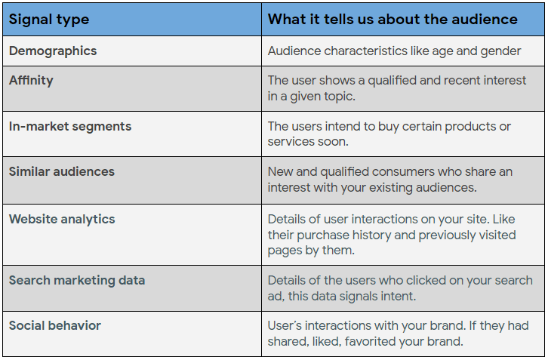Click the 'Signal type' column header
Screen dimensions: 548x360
click(x=49, y=20)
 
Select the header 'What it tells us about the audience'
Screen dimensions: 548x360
click(x=393, y=19)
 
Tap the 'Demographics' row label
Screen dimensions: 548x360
click(x=53, y=51)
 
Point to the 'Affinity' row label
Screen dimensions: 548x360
click(x=31, y=81)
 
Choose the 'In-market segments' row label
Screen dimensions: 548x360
click(x=70, y=126)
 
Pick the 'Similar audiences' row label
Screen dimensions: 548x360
click(x=61, y=171)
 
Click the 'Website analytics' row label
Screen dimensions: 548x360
click(x=62, y=219)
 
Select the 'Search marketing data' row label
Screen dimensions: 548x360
click(x=77, y=280)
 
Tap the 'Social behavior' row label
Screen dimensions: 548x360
click(x=55, y=325)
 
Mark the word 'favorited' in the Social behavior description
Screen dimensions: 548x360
click(x=371, y=341)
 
